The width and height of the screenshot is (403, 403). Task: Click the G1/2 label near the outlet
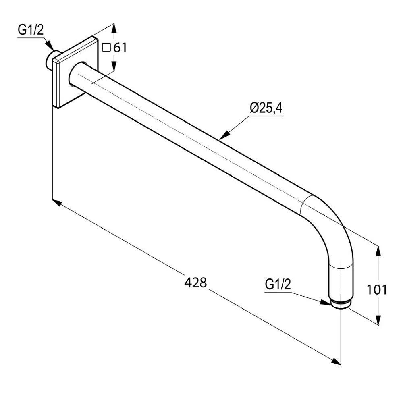tap(278, 285)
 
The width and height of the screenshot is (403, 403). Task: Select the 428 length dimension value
tap(195, 282)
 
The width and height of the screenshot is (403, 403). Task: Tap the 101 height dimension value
tap(377, 289)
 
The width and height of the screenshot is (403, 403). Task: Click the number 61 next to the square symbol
tap(120, 48)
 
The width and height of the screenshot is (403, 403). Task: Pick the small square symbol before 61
tap(106, 48)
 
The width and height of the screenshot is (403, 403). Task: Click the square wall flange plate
tap(75, 73)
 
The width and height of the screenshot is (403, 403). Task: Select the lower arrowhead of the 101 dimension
tap(378, 320)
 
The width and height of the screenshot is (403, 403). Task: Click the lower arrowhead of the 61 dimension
tap(114, 68)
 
